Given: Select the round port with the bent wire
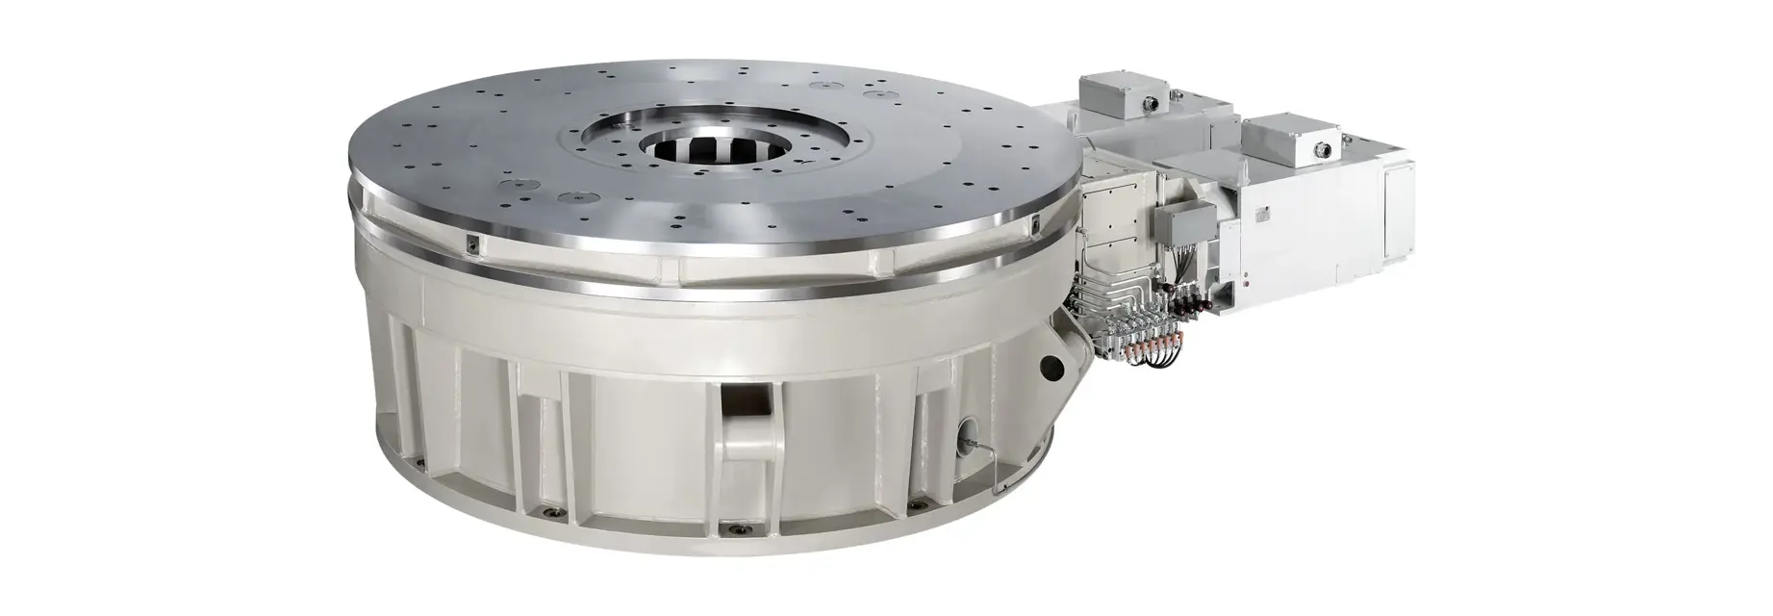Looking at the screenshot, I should [x=966, y=434].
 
